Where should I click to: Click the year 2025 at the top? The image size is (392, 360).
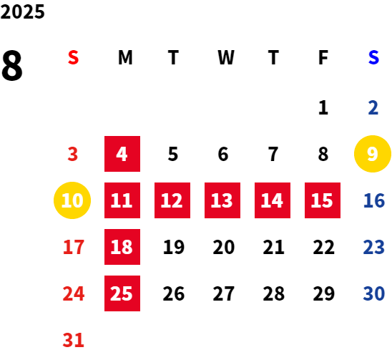tap(22, 11)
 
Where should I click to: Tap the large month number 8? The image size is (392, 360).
tap(12, 65)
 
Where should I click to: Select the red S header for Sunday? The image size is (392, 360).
tap(73, 57)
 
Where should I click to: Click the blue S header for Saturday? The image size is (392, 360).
tap(373, 57)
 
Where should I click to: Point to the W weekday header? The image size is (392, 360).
tap(226, 57)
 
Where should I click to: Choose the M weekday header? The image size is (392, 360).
tap(125, 57)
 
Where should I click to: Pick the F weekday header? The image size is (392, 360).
tap(323, 57)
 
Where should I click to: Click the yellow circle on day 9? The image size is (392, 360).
tap(373, 154)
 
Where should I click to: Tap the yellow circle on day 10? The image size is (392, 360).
tap(72, 200)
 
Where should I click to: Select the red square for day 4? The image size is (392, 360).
tap(122, 154)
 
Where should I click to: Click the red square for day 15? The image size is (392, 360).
tap(323, 200)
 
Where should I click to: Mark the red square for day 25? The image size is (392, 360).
tap(122, 293)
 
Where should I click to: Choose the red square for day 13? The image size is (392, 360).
tap(222, 200)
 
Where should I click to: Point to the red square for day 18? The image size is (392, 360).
tap(122, 247)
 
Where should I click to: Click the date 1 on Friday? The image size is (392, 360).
tap(323, 107)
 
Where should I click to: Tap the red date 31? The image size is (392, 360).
tap(73, 340)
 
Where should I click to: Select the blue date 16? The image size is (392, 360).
tap(374, 200)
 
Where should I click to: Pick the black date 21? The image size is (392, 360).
tap(273, 247)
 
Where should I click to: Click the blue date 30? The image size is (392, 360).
tap(374, 293)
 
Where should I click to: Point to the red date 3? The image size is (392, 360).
tap(73, 154)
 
